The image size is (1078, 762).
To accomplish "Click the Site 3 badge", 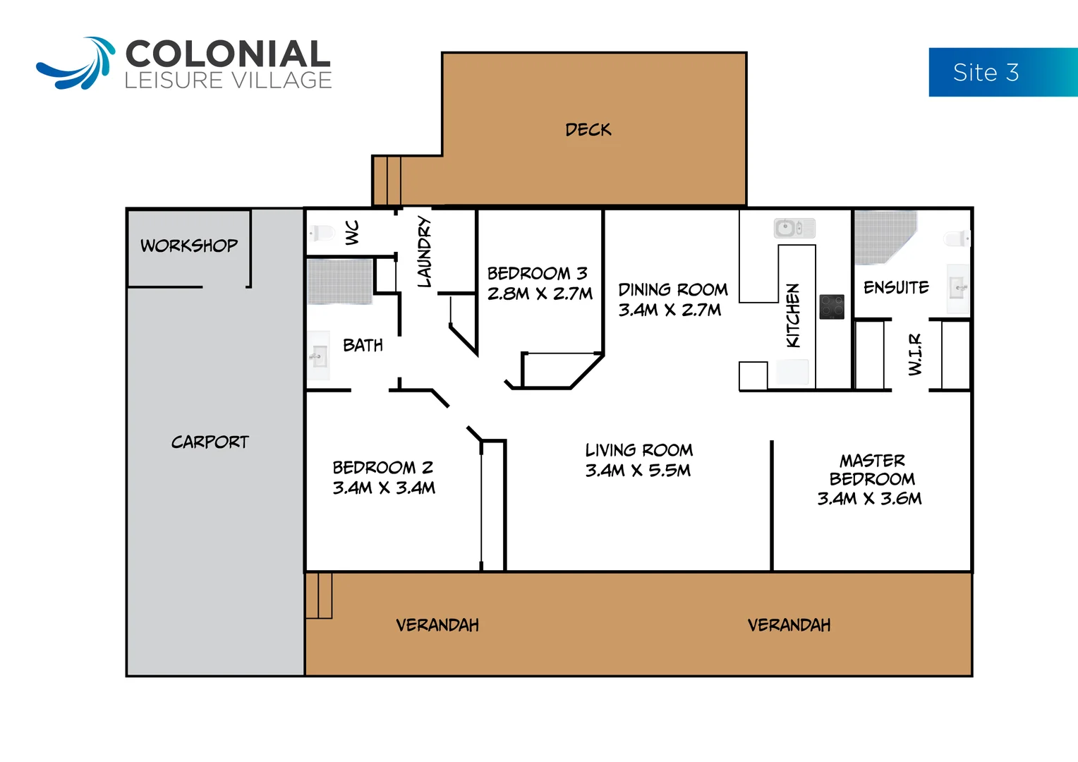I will pos(1002,72).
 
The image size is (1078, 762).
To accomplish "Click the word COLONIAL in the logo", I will pos(227,55).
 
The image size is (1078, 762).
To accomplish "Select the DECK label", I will pos(588,130).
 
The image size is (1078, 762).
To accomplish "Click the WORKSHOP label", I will pos(189,246).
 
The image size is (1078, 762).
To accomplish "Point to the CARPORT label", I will pos(210,442).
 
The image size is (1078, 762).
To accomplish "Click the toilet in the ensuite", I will pos(957,238).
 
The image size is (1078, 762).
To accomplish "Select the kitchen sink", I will pos(794,228).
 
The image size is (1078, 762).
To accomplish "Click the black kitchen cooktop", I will pos(832,307).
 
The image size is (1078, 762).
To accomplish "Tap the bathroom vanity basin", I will pos(319,356).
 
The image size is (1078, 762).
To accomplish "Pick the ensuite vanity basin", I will pos(957,288).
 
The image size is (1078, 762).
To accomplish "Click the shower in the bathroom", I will pos(339,282).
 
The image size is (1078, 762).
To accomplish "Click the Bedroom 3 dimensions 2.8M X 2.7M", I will pos(540,294).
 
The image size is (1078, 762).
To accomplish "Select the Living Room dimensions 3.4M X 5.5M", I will pos(638,471).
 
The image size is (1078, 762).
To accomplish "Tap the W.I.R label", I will pos(915,354).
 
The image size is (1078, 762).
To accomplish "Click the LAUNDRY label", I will pos(424,252).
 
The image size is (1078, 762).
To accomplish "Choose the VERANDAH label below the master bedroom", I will pos(789,625).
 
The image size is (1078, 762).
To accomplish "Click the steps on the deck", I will pos(389,181).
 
